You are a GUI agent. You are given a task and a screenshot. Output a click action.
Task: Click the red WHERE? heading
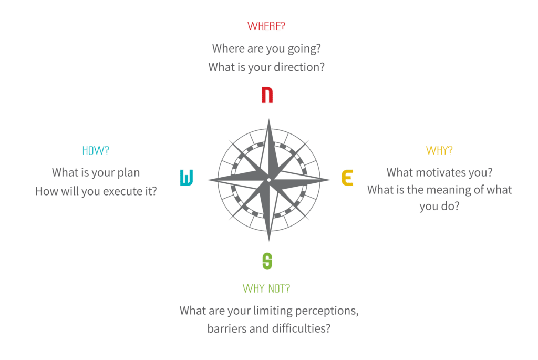pyautogui.click(x=266, y=26)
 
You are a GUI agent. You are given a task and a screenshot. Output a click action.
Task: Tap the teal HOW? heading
pyautogui.click(x=96, y=150)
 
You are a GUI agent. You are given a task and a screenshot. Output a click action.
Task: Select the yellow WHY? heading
pyautogui.click(x=439, y=150)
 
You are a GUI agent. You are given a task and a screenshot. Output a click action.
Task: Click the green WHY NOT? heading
pyautogui.click(x=266, y=289)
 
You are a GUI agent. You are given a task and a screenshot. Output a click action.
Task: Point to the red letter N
pyautogui.click(x=267, y=95)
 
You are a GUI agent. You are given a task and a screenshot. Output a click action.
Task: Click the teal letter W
pyautogui.click(x=187, y=178)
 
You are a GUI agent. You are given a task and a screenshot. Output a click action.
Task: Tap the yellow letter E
pyautogui.click(x=347, y=178)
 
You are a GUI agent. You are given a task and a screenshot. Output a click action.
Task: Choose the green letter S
pyautogui.click(x=267, y=261)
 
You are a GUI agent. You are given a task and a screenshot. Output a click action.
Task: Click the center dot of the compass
pyautogui.click(x=269, y=180)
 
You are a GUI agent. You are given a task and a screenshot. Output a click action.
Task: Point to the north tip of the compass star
pyautogui.click(x=269, y=119)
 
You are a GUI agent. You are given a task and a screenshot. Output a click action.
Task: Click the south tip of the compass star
pyautogui.click(x=269, y=241)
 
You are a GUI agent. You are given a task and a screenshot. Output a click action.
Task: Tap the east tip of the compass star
pyautogui.click(x=330, y=180)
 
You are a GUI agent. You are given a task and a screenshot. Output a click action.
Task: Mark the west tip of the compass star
pyautogui.click(x=208, y=180)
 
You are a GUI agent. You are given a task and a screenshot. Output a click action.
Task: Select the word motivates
pyautogui.click(x=432, y=172)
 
